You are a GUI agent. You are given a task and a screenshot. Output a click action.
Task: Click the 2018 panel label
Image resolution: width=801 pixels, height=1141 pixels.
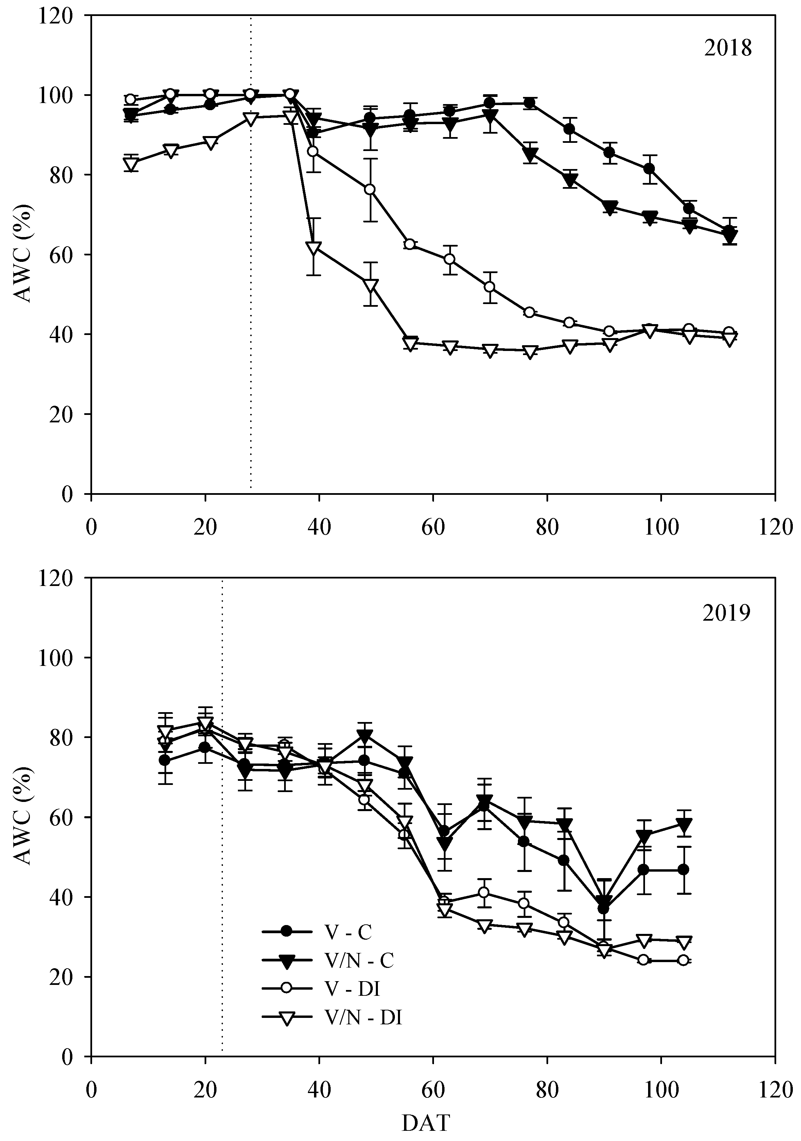(x=728, y=49)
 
